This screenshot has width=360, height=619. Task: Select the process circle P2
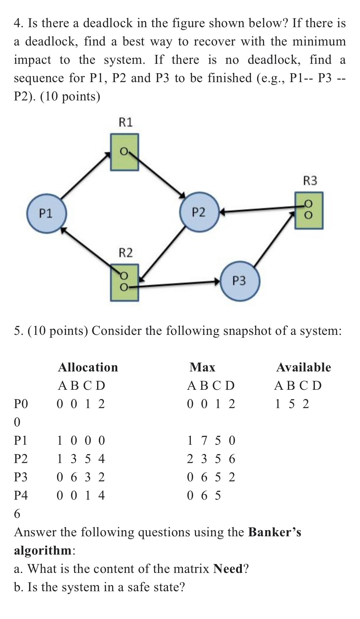click(199, 212)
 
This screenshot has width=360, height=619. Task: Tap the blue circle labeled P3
click(240, 281)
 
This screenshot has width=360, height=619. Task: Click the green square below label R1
click(124, 152)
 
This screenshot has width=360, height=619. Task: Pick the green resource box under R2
click(124, 282)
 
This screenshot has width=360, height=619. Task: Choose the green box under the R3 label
click(309, 210)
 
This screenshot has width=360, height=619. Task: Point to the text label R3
click(310, 181)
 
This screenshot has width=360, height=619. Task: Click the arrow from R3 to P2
click(260, 209)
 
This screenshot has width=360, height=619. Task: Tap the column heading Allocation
click(88, 367)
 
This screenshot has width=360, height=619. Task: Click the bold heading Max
click(202, 367)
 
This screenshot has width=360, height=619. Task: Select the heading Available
click(303, 367)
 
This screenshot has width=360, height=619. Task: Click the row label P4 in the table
click(21, 495)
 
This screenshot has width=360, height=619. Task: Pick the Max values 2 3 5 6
click(211, 459)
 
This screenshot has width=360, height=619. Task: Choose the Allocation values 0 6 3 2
click(81, 477)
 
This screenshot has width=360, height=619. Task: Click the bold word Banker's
click(275, 532)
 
